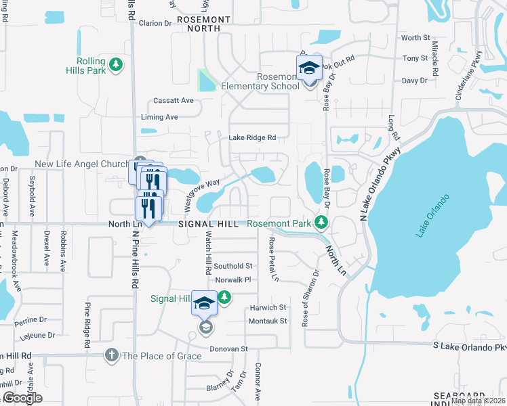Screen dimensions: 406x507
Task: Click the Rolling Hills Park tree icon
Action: coord(117,64)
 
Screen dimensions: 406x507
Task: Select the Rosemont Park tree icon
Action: coord(322,223)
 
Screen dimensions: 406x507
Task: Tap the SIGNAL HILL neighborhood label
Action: coord(208,224)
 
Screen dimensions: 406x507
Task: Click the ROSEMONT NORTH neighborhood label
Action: coord(207,24)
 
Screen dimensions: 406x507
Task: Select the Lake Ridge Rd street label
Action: coord(252,137)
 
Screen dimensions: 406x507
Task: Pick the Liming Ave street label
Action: coord(159,117)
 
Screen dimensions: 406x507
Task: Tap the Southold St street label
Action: coord(233,267)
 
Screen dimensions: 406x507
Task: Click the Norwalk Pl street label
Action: coord(233,279)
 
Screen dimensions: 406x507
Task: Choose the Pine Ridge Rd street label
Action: coord(87,325)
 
